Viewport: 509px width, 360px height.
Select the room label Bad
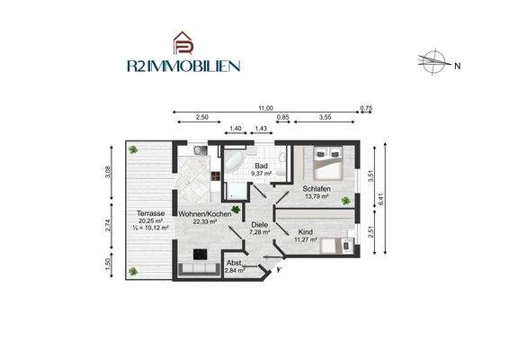pos(261,166)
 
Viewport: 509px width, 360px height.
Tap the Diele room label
pos(260,224)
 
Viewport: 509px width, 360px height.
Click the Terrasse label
pos(150,212)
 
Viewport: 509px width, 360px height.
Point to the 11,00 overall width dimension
pos(265,108)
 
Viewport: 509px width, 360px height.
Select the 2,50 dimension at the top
pos(202,118)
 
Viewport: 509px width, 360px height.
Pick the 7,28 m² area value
pos(260,232)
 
